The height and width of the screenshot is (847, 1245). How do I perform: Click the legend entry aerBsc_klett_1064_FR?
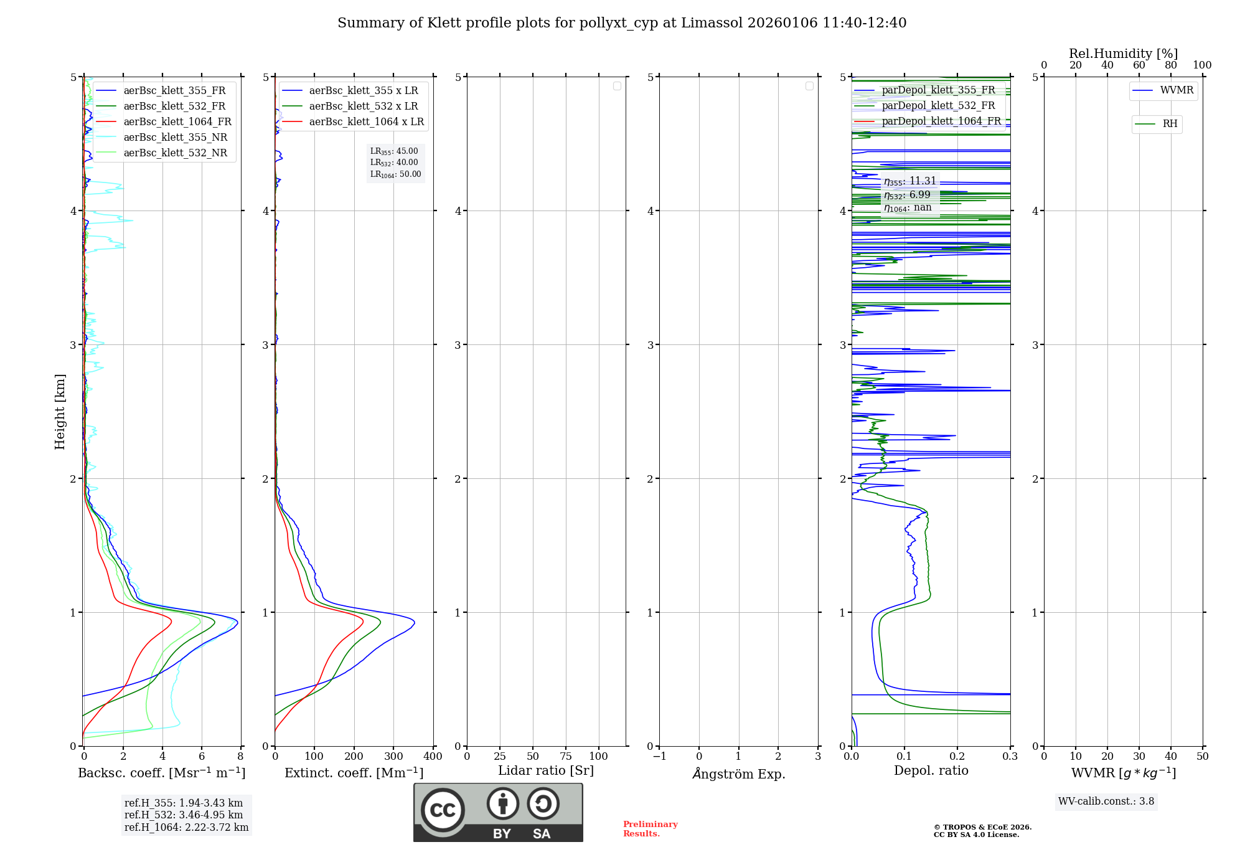(177, 122)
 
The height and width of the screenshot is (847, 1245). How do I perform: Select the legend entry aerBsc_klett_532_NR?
(175, 153)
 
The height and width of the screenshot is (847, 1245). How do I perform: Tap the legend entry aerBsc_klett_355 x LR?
(364, 91)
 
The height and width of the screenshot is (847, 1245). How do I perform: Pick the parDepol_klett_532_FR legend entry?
(938, 106)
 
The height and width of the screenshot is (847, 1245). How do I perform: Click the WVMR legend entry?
(1177, 90)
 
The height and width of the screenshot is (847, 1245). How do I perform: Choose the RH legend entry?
(1170, 124)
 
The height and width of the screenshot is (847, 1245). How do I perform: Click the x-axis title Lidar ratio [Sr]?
(546, 770)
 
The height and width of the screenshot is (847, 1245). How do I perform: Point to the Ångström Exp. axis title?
(739, 774)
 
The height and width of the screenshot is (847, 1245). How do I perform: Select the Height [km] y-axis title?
(60, 412)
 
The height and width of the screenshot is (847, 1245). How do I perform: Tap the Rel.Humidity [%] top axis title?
(1123, 54)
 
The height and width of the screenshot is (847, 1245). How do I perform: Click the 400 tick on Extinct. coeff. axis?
(433, 757)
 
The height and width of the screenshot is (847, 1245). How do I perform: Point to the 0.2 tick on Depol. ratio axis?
(957, 757)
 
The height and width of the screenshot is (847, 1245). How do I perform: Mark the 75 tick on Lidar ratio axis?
(565, 757)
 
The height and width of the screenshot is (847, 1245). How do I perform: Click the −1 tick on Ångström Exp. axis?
(659, 757)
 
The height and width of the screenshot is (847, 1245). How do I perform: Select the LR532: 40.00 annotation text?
(394, 163)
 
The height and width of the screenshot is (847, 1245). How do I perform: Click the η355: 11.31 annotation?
(909, 181)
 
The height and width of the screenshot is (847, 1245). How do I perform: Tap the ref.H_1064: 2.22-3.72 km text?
(186, 828)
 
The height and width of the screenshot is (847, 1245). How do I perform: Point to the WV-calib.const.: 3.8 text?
(1106, 802)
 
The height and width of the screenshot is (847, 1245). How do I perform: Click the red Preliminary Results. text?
(650, 829)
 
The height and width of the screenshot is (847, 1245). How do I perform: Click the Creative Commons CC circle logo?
(443, 810)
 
